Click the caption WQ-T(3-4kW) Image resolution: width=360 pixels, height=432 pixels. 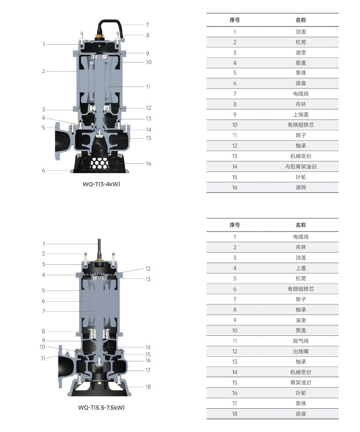tap(101, 184)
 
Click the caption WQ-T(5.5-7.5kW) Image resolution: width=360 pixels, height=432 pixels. tap(101, 407)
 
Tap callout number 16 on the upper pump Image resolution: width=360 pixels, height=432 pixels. tap(149, 164)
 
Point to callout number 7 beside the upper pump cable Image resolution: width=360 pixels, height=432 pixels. tap(147, 25)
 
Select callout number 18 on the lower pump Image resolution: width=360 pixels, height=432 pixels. tap(148, 387)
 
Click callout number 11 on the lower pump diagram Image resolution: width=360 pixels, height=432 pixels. tap(43, 358)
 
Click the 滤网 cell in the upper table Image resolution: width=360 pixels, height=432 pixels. tap(301, 187)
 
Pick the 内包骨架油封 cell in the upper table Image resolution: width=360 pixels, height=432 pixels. tap(301, 167)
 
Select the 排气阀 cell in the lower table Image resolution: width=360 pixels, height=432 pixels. tap(301, 341)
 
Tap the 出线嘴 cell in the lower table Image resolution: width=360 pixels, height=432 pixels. tap(301, 351)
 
